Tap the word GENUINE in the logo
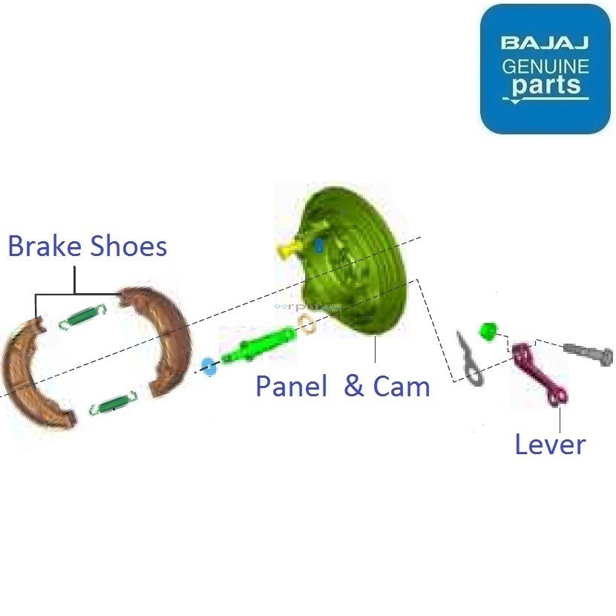tap(545, 66)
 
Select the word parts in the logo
tap(545, 85)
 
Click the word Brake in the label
tap(45, 246)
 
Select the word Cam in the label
tap(401, 386)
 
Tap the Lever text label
tap(550, 444)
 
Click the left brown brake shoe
tap(33, 375)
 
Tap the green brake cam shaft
tap(260, 345)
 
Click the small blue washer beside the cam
tap(208, 365)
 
